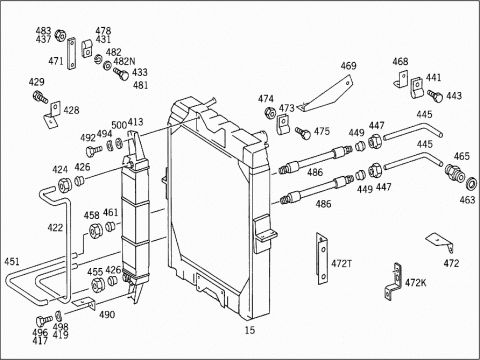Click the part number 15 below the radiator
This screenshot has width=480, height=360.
250,330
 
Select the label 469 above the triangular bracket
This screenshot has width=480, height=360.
348,66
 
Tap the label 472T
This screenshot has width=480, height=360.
341,264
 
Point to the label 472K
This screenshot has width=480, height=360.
415,283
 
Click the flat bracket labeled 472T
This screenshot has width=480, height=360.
322,259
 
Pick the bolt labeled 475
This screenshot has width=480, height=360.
303,133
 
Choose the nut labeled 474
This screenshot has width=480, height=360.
270,113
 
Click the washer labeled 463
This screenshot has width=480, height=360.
471,184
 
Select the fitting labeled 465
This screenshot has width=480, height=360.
454,173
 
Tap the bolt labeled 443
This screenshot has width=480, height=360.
435,96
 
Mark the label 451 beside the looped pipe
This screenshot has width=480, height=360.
12,261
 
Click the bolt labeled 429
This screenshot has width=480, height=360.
40,96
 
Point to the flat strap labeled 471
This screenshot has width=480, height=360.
72,54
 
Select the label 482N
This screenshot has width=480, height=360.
124,61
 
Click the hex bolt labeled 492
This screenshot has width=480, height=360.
94,151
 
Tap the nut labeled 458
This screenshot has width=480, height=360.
96,230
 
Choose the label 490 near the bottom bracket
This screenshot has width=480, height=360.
107,314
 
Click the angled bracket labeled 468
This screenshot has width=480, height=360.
401,80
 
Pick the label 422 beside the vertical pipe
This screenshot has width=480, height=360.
55,228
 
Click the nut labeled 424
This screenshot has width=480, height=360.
64,185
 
